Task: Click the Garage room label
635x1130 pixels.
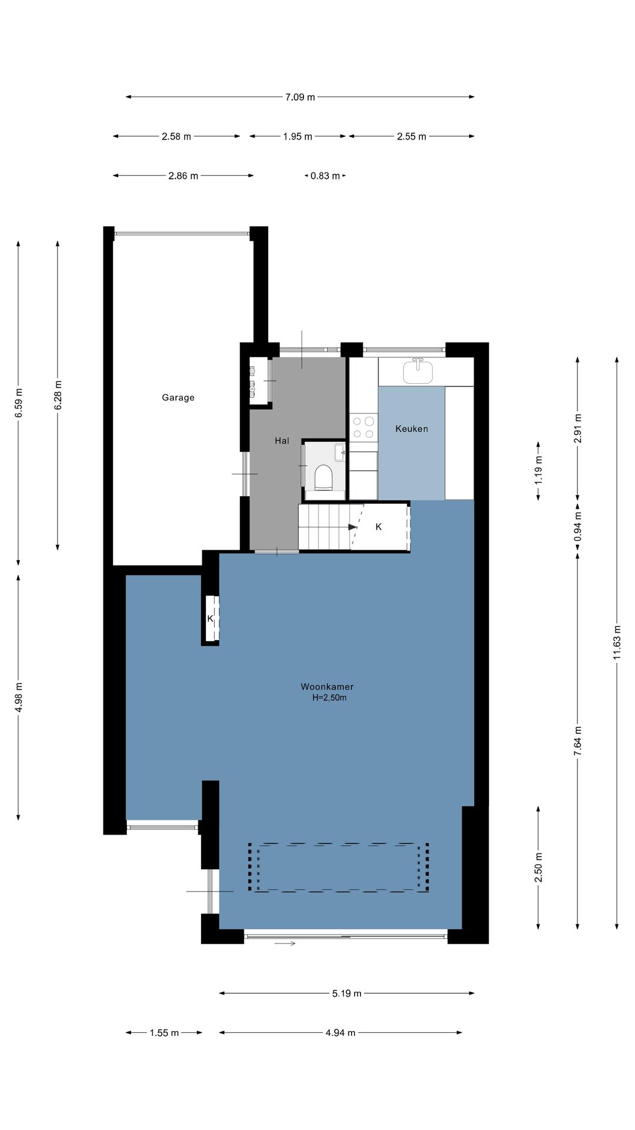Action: (x=178, y=398)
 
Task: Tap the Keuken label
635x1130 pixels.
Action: (x=412, y=429)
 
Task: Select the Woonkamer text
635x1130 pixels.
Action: (x=327, y=687)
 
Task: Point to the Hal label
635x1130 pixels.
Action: (x=282, y=441)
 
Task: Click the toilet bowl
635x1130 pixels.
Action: (x=323, y=477)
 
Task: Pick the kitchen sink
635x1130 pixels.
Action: (x=418, y=371)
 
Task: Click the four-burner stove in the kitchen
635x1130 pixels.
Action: (x=363, y=428)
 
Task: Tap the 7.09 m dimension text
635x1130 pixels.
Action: (x=300, y=97)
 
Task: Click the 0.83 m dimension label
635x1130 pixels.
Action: (x=325, y=176)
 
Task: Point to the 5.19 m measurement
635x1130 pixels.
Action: (x=347, y=994)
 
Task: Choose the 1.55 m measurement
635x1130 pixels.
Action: (x=164, y=1033)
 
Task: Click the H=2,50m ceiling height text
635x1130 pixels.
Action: (x=329, y=698)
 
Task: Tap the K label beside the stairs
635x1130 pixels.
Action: (x=379, y=527)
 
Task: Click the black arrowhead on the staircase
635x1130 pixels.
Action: (x=353, y=527)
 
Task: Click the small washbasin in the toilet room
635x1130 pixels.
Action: (x=340, y=453)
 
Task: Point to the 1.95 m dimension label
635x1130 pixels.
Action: (x=298, y=137)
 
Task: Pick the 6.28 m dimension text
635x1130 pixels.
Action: (x=58, y=395)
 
